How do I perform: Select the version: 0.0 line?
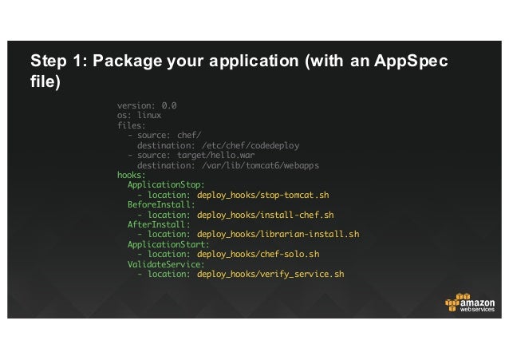click(147, 105)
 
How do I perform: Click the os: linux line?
click(140, 115)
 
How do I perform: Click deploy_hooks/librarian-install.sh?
click(278, 235)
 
